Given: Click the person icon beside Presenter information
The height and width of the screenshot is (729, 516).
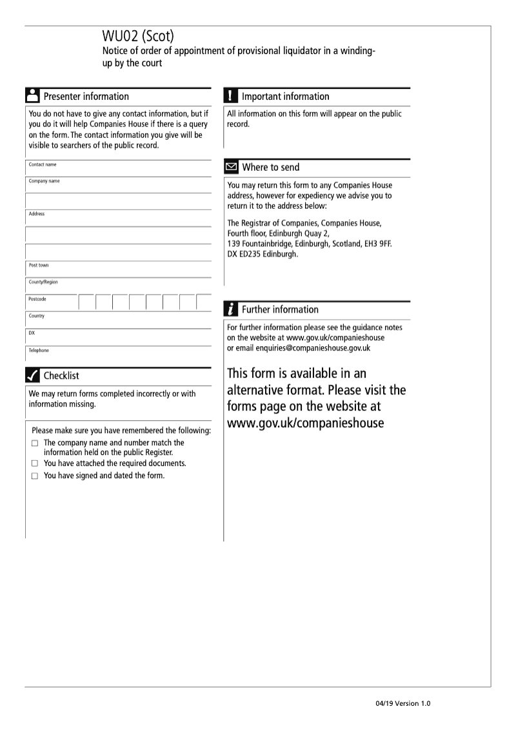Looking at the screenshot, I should tap(32, 96).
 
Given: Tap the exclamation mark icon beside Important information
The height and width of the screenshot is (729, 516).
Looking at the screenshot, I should tap(230, 96).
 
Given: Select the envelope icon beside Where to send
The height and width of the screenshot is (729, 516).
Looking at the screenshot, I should tap(230, 168).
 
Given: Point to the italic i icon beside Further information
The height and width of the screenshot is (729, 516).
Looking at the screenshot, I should tap(230, 309).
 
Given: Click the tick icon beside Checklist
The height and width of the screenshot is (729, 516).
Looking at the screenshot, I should tap(32, 375).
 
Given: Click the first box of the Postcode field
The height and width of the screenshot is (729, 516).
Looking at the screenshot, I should tap(86, 302).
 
